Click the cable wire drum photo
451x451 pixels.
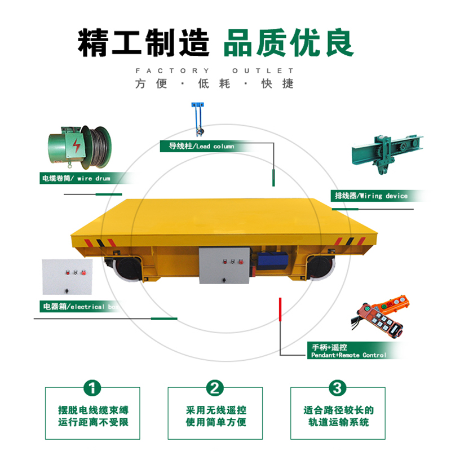pyautogui.click(x=79, y=147)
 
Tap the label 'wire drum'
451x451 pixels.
pyautogui.click(x=94, y=178)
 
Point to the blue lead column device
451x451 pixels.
pyautogui.click(x=198, y=119)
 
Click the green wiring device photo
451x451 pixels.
pyautogui.click(x=387, y=154)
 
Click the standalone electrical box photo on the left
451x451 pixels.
pyautogui.click(x=67, y=277)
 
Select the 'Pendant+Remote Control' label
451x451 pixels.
pyautogui.click(x=348, y=355)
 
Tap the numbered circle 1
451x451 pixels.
pyautogui.click(x=92, y=388)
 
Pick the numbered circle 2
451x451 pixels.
pyautogui.click(x=215, y=388)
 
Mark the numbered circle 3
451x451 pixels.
pyautogui.click(x=337, y=388)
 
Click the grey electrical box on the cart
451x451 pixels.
pyautogui.click(x=224, y=265)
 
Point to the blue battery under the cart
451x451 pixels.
pyautogui.click(x=272, y=261)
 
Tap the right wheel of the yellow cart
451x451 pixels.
pyautogui.click(x=321, y=267)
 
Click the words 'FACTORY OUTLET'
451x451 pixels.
pyautogui.click(x=215, y=71)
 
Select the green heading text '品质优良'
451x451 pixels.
pyautogui.click(x=289, y=43)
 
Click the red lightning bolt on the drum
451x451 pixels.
pyautogui.click(x=76, y=145)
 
